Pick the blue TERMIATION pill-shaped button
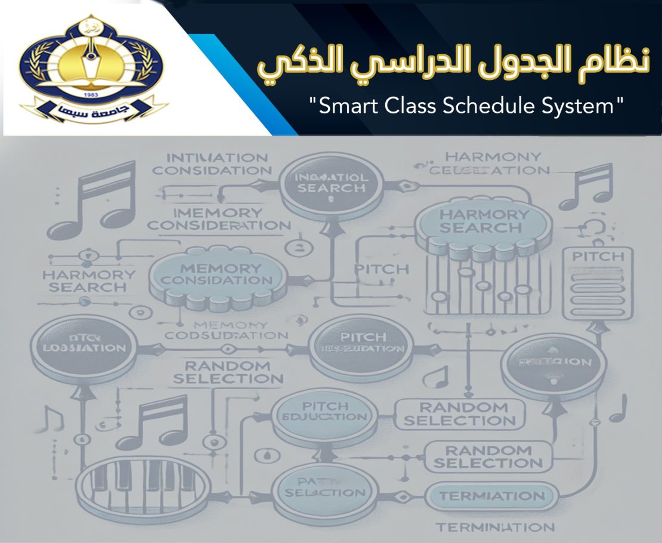pyautogui.click(x=492, y=496)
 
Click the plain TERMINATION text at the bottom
pyautogui.click(x=495, y=527)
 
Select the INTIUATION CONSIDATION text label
pyautogui.click(x=209, y=164)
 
